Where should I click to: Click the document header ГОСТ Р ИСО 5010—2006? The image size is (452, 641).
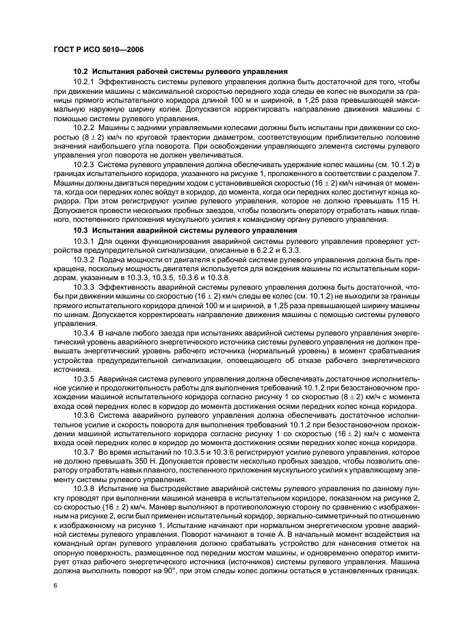click(98, 49)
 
